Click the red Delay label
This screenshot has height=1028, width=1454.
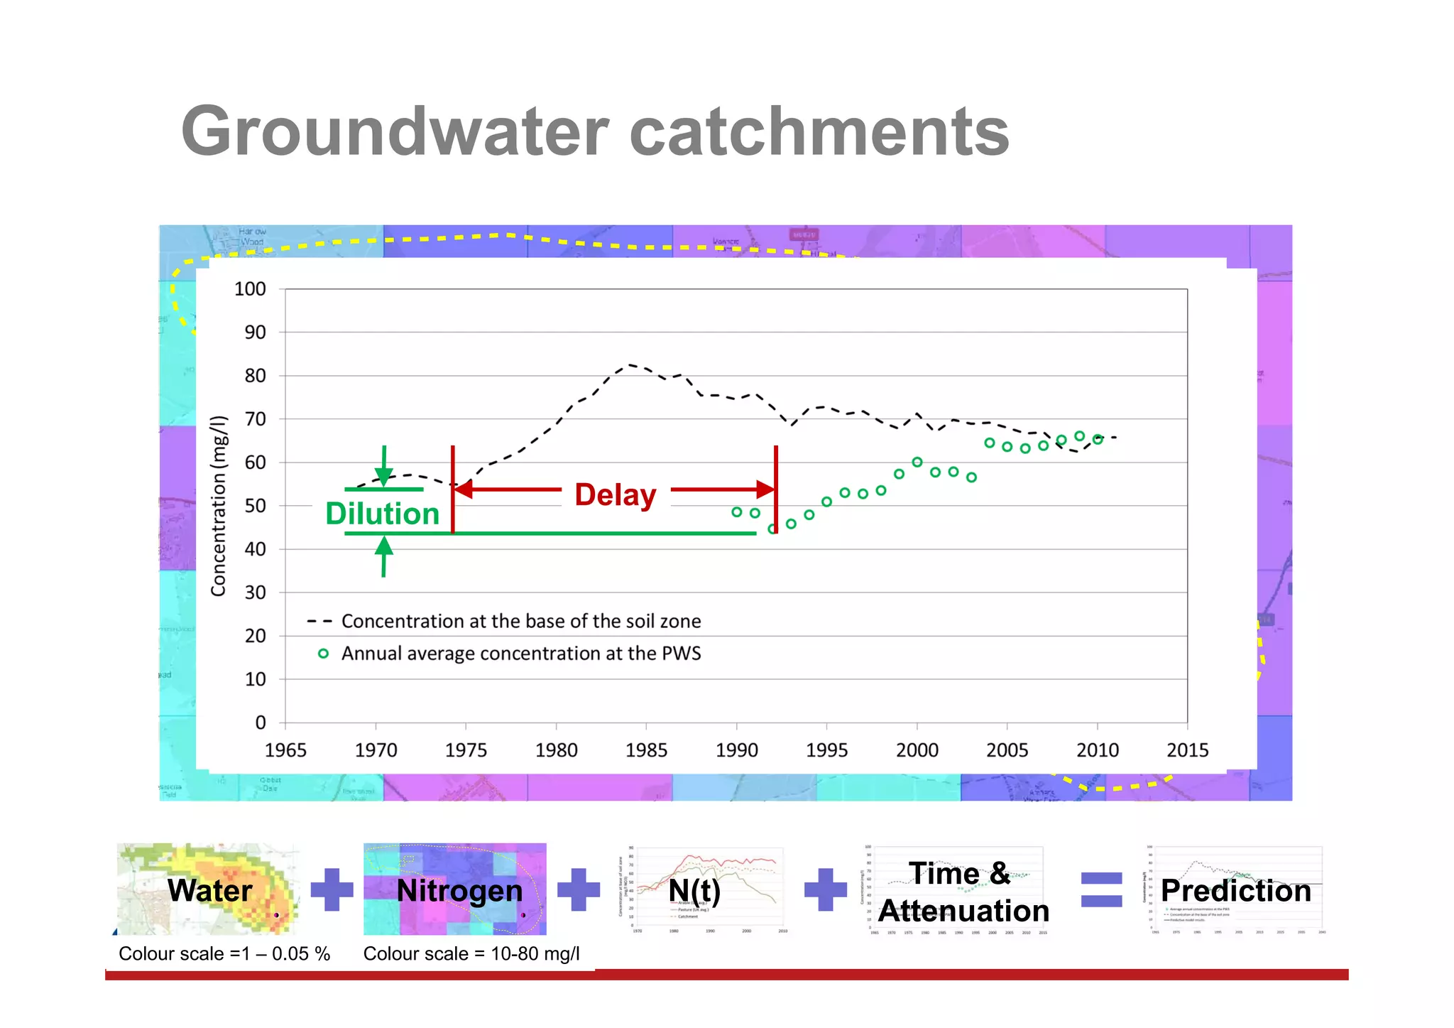coord(615,494)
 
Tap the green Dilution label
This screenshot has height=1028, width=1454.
coord(382,514)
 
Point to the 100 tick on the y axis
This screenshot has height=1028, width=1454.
coord(250,289)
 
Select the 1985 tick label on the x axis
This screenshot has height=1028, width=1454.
coord(646,750)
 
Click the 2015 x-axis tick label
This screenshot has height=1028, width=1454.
coord(1187,750)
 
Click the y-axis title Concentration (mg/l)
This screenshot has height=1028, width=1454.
coord(219,505)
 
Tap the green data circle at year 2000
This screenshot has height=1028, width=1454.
coord(917,462)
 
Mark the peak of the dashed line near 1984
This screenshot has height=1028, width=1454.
coord(629,365)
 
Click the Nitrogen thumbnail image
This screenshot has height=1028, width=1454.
coord(454,889)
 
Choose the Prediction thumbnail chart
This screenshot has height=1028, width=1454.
coord(1234,889)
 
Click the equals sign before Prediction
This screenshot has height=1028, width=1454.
coord(1101,889)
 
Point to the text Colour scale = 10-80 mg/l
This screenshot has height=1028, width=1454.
coord(471,953)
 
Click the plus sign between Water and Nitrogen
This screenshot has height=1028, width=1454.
coord(332,889)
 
